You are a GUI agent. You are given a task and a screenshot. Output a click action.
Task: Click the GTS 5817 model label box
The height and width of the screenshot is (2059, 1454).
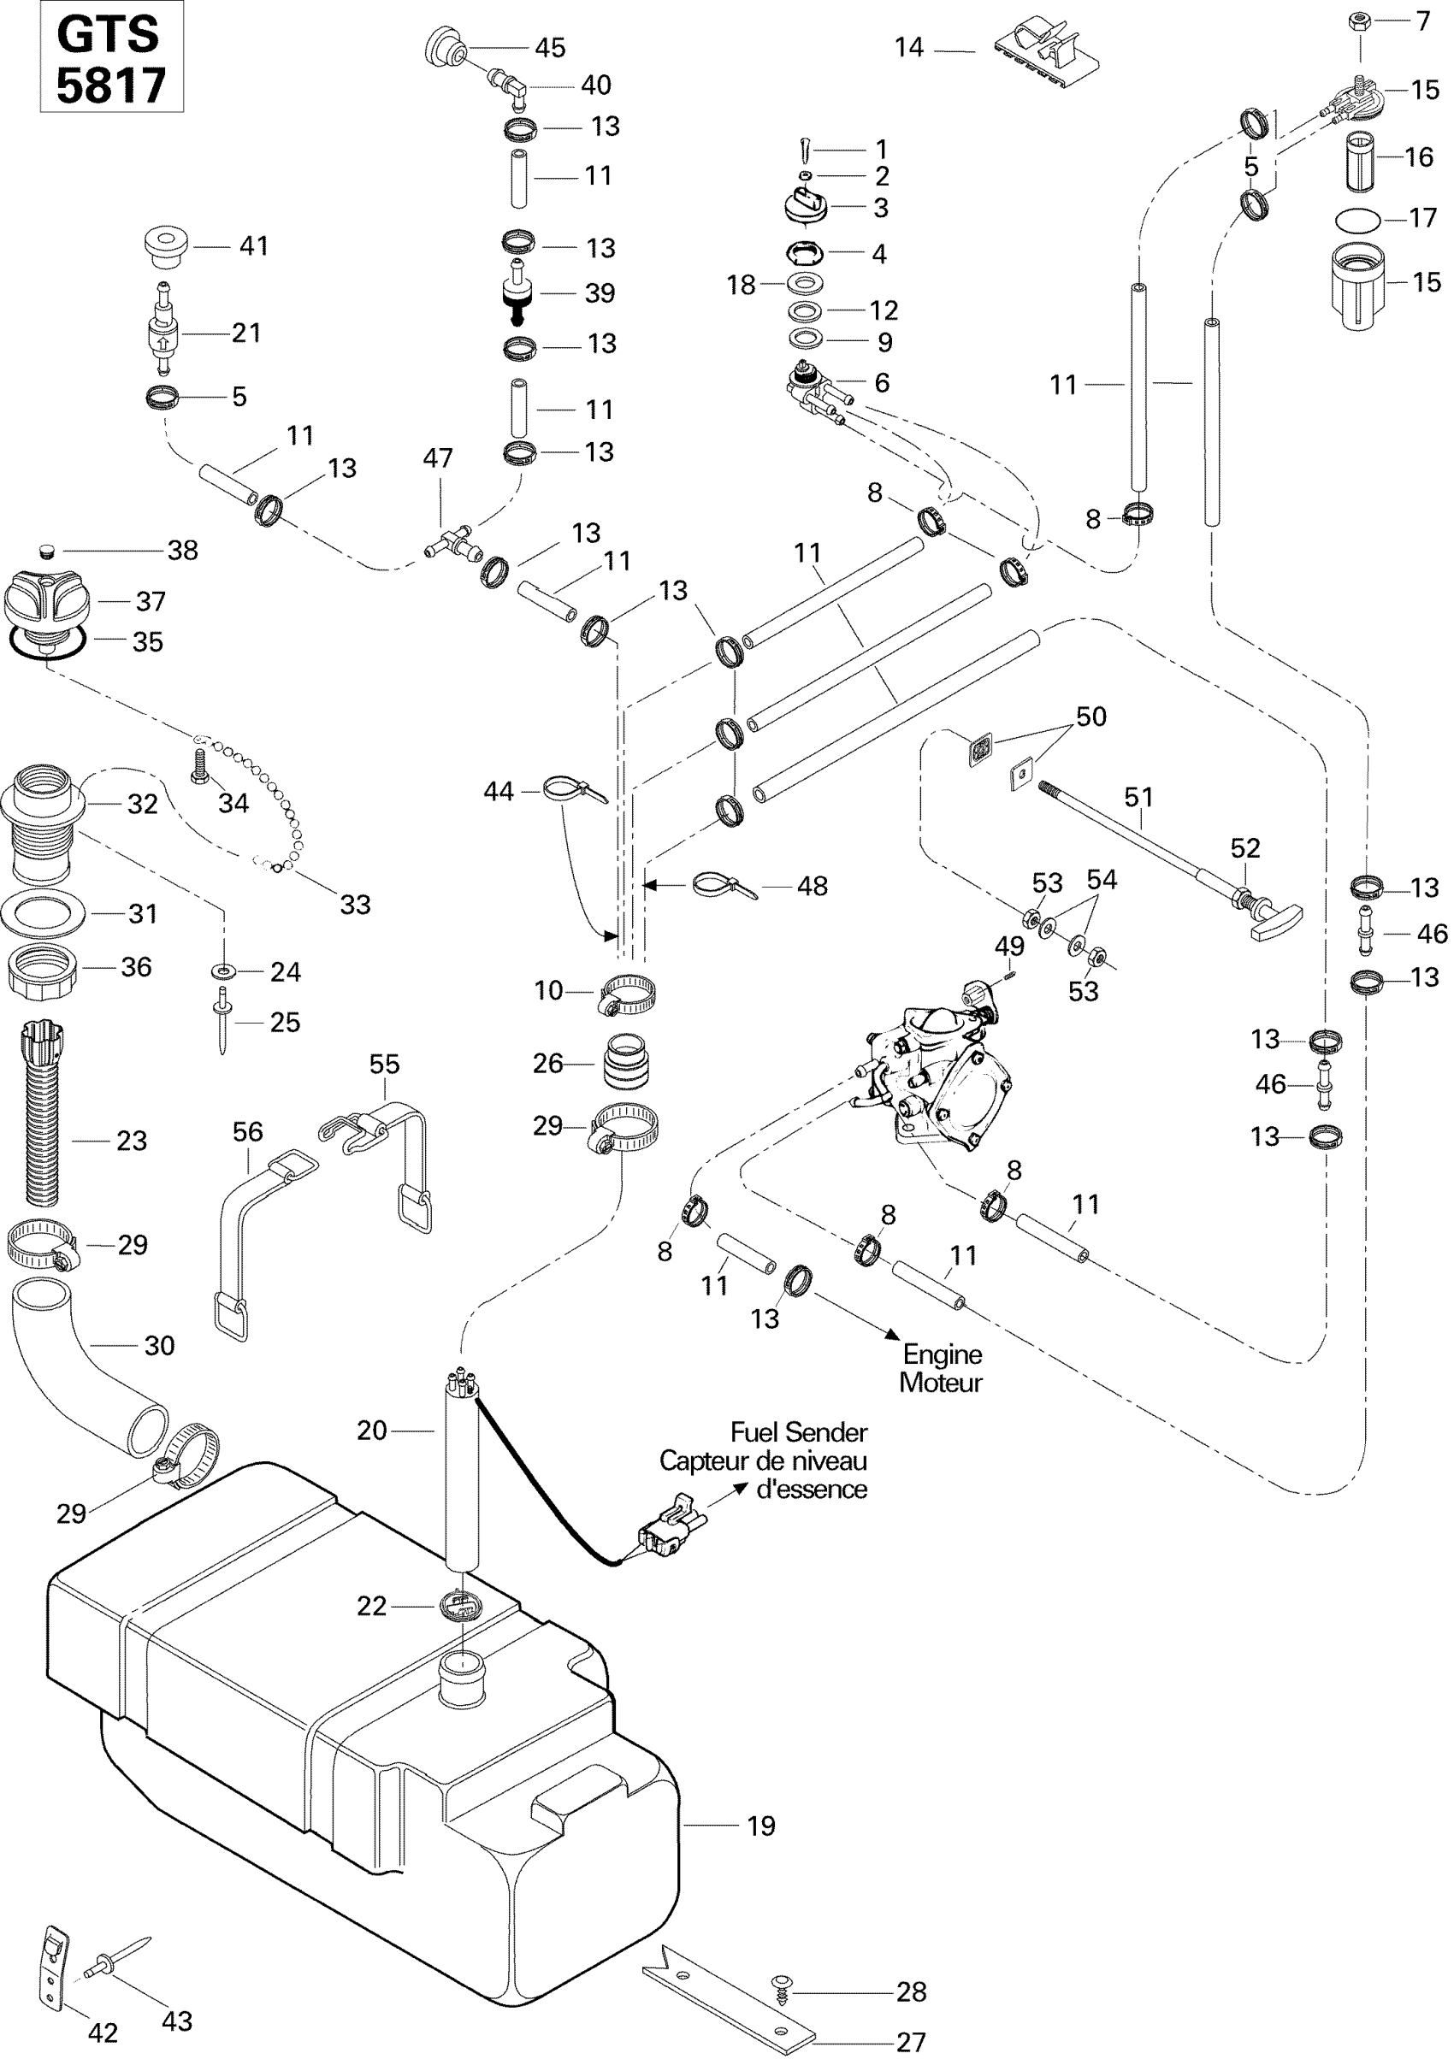point(111,57)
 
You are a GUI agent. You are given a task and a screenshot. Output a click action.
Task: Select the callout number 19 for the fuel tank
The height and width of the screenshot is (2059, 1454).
point(760,1826)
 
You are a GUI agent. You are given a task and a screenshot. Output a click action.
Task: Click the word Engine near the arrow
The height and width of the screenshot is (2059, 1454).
point(942,1354)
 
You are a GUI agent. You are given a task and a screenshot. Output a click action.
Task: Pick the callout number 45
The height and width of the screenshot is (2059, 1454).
point(550,48)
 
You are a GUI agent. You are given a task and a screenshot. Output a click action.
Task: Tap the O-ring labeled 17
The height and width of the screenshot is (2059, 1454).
point(1358,219)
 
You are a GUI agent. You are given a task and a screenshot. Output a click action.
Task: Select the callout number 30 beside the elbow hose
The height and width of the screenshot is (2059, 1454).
point(159,1345)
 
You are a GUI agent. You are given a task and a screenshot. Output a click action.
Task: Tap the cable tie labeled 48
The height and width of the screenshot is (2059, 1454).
point(724,888)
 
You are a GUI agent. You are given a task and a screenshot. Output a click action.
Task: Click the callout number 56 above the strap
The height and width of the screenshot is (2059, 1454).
point(247,1132)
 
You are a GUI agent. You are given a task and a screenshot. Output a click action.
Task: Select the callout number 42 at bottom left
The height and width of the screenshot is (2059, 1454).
point(103,2033)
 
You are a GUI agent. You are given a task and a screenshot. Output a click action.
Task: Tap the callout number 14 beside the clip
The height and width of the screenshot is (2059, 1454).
point(908,48)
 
